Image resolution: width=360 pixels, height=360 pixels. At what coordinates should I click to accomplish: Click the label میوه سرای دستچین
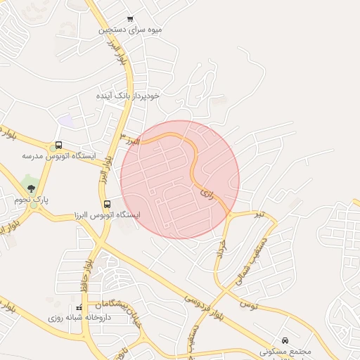point(131,30)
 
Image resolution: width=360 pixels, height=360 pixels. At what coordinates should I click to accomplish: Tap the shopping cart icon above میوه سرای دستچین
point(130,19)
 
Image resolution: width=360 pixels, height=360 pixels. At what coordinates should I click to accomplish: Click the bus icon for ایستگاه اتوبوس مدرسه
point(58,146)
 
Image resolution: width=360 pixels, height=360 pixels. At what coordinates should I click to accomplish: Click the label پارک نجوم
point(32,200)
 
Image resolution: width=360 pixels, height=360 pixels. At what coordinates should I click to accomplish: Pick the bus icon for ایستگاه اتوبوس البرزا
point(106,204)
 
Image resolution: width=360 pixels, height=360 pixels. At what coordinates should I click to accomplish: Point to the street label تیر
point(260,212)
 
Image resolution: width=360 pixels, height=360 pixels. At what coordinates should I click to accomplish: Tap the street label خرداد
point(223,249)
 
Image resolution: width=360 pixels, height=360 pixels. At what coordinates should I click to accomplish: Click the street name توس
point(249,304)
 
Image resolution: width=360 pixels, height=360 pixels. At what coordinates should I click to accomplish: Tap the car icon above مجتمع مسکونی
point(285,340)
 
